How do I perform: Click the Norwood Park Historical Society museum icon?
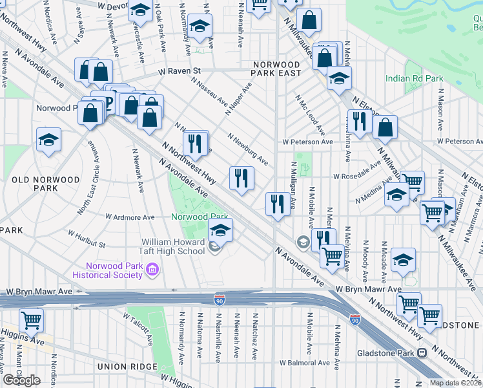tap(152, 268)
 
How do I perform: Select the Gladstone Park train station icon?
tap(422, 353)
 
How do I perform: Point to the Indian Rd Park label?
tap(414, 78)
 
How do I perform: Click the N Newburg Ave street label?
tap(249, 149)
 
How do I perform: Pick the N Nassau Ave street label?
tap(210, 92)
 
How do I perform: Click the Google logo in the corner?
tap(21, 380)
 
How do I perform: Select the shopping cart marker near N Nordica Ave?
tap(31, 319)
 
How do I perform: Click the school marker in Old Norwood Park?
tap(48, 140)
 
